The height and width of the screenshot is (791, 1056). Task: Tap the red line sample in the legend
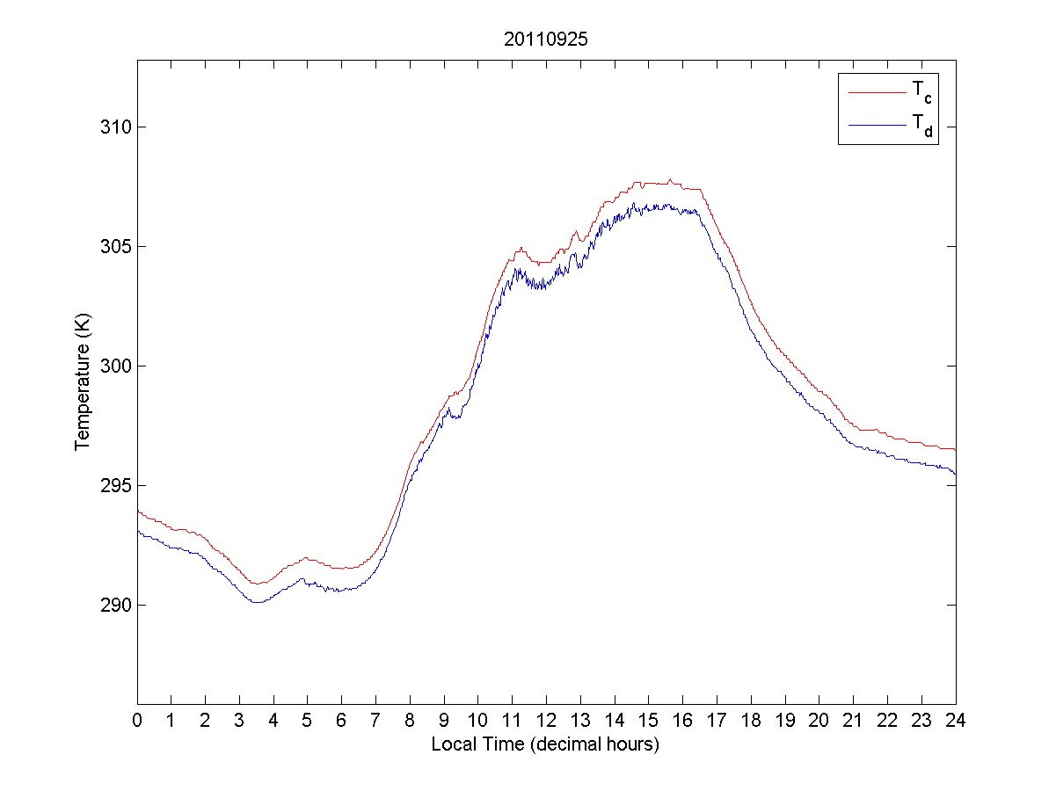[876, 91]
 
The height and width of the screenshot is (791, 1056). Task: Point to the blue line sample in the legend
[876, 127]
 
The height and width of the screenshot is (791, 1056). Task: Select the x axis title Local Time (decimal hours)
[545, 744]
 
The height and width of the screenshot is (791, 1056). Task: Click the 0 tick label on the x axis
[137, 720]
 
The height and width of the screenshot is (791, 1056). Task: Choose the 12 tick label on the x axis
[546, 720]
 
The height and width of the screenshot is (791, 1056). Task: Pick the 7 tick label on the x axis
[375, 720]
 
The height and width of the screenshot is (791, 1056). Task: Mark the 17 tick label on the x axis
[717, 720]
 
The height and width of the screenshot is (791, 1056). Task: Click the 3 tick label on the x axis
[239, 720]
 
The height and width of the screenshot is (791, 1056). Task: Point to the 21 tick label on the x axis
[853, 720]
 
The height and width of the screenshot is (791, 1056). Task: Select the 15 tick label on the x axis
[649, 720]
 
